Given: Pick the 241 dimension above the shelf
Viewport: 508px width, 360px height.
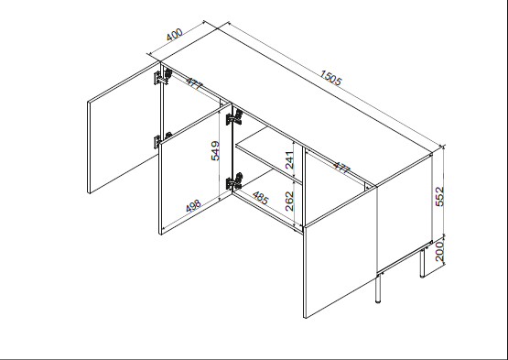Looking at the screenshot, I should [290, 159].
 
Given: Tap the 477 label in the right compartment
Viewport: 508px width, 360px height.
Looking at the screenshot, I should [341, 168].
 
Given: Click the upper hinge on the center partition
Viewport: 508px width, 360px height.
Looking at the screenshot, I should [233, 117].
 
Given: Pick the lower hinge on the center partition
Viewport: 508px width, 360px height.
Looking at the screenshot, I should [235, 180].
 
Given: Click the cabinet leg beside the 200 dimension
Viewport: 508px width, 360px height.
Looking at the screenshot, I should [420, 261].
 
